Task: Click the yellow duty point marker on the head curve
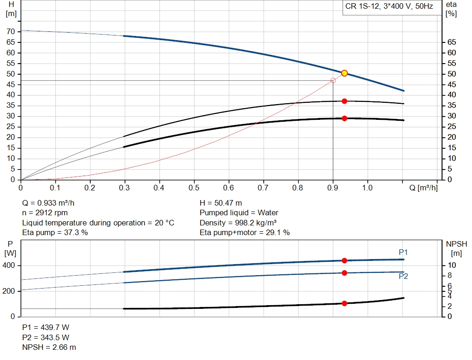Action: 344,73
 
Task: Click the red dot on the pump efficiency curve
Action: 344,101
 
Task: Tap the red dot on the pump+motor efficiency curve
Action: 344,118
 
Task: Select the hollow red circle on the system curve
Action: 333,81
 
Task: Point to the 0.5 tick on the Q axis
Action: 194,188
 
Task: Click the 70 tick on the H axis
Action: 11,31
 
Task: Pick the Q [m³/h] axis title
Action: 420,188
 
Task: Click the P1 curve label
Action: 403,252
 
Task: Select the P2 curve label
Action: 403,277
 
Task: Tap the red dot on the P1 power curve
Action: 344,260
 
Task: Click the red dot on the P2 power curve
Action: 344,273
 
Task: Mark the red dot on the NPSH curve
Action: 344,303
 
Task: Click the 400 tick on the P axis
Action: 10,266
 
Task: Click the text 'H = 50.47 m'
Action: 221,203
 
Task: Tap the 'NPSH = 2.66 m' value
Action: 49,347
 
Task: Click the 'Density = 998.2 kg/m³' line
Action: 238,223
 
